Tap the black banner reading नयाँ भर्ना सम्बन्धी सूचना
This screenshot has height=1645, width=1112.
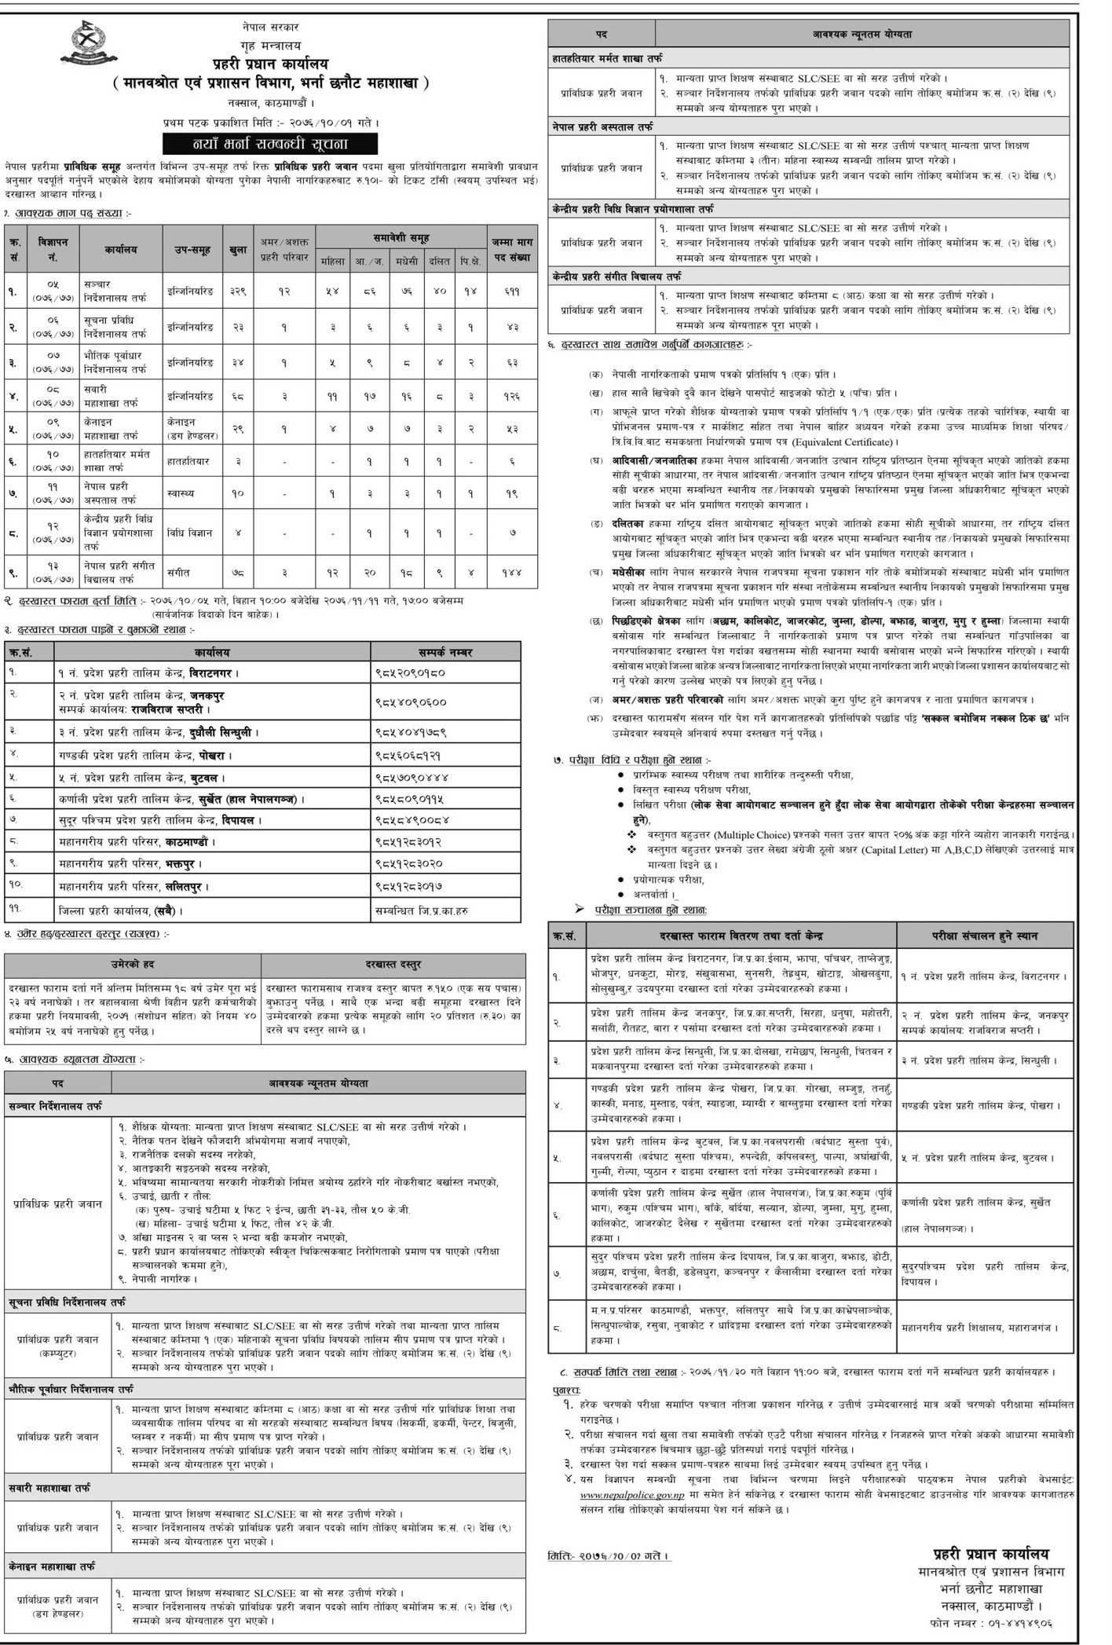270,143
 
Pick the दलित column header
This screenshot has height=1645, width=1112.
441,258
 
